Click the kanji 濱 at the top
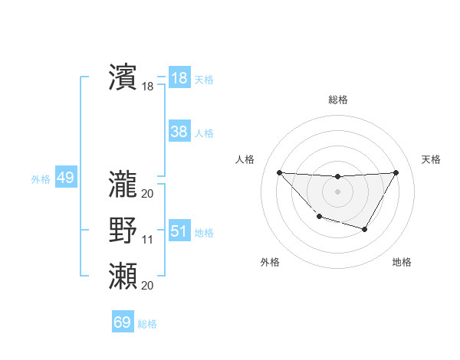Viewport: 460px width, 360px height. [x=123, y=77]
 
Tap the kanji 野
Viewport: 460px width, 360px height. [x=123, y=231]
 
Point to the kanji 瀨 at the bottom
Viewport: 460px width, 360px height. [x=123, y=276]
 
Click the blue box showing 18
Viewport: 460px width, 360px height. [x=179, y=78]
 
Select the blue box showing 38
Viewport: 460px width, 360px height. [x=179, y=132]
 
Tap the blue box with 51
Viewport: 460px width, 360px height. [x=179, y=231]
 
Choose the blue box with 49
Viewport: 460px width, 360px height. [x=65, y=178]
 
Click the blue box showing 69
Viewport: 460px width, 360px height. [x=123, y=322]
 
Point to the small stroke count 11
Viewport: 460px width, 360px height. [x=148, y=240]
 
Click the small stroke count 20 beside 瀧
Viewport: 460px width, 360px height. [x=148, y=193]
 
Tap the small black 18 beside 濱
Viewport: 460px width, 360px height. [x=148, y=87]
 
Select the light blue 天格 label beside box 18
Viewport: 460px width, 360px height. [x=204, y=80]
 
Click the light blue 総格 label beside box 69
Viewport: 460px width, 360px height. [x=147, y=324]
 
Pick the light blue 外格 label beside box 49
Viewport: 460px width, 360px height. [x=41, y=179]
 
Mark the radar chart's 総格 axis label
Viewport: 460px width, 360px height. [x=338, y=100]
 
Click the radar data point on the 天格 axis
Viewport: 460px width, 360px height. [x=396, y=172]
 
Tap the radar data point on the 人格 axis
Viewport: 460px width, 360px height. [x=279, y=172]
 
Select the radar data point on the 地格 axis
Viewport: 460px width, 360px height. [x=365, y=229]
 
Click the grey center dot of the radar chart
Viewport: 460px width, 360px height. [x=337, y=191]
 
